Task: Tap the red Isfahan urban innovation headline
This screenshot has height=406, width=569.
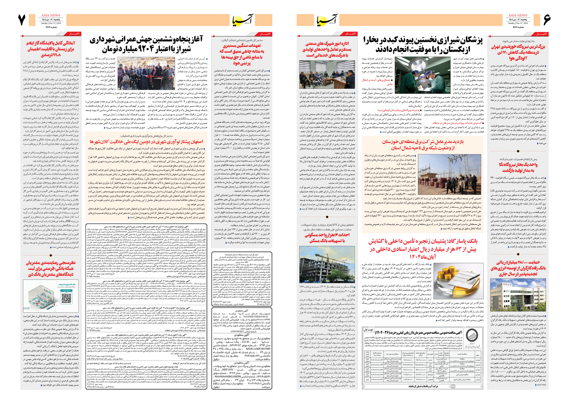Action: click(x=146, y=142)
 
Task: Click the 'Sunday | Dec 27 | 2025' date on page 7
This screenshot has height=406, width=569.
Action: click(x=51, y=23)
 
